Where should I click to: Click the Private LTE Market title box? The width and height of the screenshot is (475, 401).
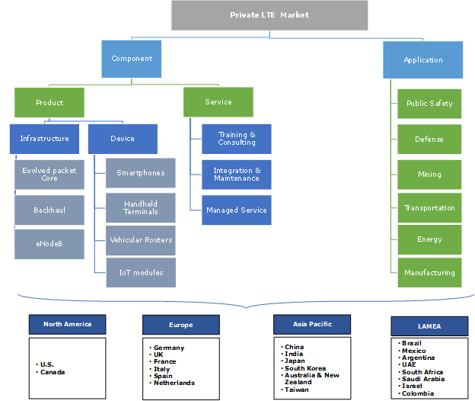pos(269,15)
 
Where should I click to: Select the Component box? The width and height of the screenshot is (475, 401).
pos(132,59)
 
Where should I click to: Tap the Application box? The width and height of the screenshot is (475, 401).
pos(422,60)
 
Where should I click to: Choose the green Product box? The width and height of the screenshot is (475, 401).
pos(49,102)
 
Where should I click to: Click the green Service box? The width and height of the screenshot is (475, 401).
pos(218,102)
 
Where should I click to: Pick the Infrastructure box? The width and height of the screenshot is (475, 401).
pos(44,139)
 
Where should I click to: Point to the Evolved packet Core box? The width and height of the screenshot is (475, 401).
pos(49,175)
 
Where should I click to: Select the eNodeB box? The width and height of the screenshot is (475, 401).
pos(49,244)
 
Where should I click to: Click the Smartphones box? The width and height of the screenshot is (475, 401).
pos(140,173)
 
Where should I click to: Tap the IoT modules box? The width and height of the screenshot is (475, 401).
pos(140,272)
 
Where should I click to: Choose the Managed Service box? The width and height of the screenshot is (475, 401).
pos(237,210)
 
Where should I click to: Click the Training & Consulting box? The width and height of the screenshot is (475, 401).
pos(237,139)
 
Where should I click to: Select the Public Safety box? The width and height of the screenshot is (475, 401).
pos(429,104)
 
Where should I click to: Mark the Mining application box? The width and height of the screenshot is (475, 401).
pos(429,175)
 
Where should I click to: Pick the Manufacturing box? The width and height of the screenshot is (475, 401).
pos(429,273)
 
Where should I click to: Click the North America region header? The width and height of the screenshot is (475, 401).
pos(67,325)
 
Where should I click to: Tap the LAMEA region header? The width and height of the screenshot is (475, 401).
pos(429,326)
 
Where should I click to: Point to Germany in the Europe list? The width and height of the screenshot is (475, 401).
pos(169,348)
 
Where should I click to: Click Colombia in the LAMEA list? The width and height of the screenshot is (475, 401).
pos(419,393)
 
